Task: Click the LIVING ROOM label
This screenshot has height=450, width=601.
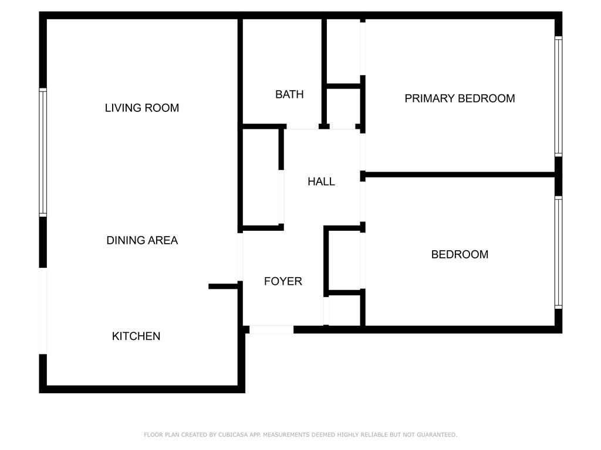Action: coord(142,108)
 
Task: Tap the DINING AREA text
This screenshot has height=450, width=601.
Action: coord(142,240)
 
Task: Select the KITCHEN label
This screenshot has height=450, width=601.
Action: coord(136,336)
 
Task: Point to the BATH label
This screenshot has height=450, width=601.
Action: coord(289,94)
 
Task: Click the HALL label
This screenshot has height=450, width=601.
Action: coord(321,182)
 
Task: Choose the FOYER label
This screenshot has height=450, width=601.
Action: coord(283,281)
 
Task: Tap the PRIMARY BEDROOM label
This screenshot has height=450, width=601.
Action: coord(460,98)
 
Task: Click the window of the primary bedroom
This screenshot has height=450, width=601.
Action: coord(559,97)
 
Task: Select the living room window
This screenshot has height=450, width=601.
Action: coord(43,153)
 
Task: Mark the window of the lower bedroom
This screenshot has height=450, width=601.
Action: coord(559,253)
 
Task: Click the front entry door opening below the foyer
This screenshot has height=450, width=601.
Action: coord(271,329)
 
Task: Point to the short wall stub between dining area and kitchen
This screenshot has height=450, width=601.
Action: coord(223,286)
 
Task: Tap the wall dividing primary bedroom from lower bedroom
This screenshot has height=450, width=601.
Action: coord(460,175)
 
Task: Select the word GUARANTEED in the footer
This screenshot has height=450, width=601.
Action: coord(437,435)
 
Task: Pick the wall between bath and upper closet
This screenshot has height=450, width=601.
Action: coord(324,73)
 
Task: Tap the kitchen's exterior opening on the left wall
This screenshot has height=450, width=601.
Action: coord(43,311)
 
